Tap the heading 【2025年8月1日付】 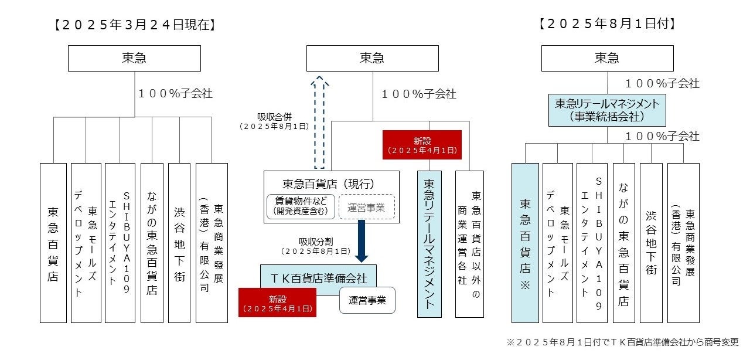point(607,24)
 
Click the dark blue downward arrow point(361,240)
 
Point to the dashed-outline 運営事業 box point(367,206)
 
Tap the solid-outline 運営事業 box point(367,300)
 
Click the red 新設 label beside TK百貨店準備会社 point(277,302)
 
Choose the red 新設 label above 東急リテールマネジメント point(422,144)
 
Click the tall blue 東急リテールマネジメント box point(429,244)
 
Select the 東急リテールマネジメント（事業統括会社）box point(607,110)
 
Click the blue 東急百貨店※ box point(525,243)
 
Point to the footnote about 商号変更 point(622,342)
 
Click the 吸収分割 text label point(316,244)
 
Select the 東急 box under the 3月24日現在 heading point(134,58)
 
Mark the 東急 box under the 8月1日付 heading point(607,58)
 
